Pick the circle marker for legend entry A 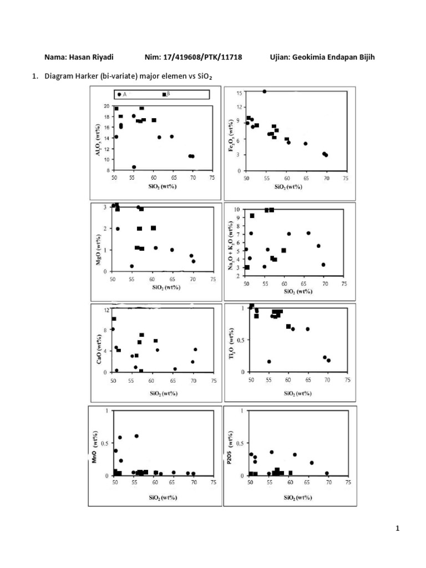click(x=119, y=95)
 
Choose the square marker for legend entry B click(x=164, y=95)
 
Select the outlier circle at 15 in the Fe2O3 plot click(x=264, y=92)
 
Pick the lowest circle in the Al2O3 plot click(x=134, y=167)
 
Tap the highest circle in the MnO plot click(x=136, y=436)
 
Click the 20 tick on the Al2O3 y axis click(x=108, y=106)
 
